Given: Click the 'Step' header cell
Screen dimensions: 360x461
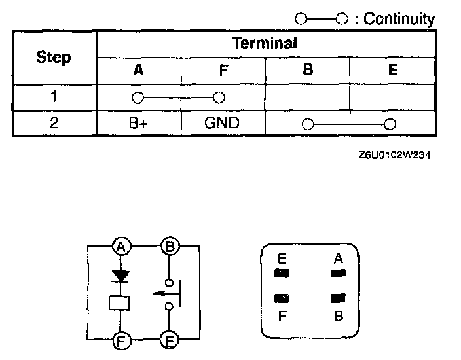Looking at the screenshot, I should (x=54, y=58).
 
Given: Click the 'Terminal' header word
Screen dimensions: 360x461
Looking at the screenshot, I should (x=265, y=43).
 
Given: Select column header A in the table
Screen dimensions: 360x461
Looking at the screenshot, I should (x=138, y=71).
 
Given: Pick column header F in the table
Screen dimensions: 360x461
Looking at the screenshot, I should (x=223, y=71).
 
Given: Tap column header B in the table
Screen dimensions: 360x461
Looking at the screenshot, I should (x=307, y=71).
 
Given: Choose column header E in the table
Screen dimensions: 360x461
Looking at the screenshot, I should (x=393, y=71).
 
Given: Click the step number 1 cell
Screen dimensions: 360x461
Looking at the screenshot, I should (x=54, y=98).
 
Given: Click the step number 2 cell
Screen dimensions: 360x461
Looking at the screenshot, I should (x=54, y=123).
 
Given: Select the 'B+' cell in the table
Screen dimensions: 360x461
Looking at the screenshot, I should (x=138, y=123).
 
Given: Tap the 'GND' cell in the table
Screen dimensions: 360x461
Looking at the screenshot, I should (x=223, y=123).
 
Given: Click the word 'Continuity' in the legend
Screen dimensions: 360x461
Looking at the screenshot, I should (x=399, y=19).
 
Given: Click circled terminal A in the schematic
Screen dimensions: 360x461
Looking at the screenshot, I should (x=120, y=247).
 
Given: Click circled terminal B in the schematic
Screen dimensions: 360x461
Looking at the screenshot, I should (x=170, y=247).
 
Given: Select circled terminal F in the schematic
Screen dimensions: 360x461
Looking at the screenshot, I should (x=120, y=340).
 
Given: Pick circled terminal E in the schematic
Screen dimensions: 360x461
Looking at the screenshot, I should (x=170, y=340).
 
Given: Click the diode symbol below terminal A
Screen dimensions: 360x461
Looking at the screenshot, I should (x=120, y=276).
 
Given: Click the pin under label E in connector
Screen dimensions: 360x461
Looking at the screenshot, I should (x=282, y=272).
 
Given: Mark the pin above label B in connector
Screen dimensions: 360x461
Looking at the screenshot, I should (x=338, y=299).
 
